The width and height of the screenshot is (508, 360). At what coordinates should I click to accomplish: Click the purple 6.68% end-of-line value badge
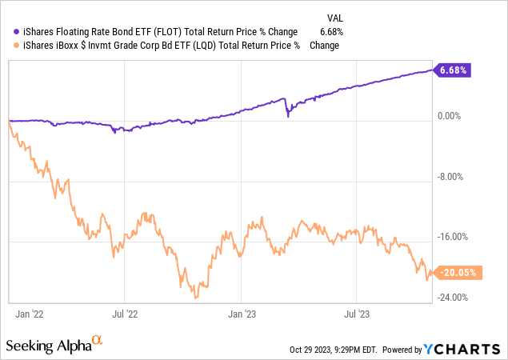click(452, 70)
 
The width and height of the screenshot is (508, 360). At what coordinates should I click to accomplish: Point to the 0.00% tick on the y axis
click(451, 116)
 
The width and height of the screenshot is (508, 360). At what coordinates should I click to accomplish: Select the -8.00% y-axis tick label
click(453, 177)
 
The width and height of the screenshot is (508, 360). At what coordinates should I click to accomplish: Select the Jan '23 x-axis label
click(242, 314)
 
